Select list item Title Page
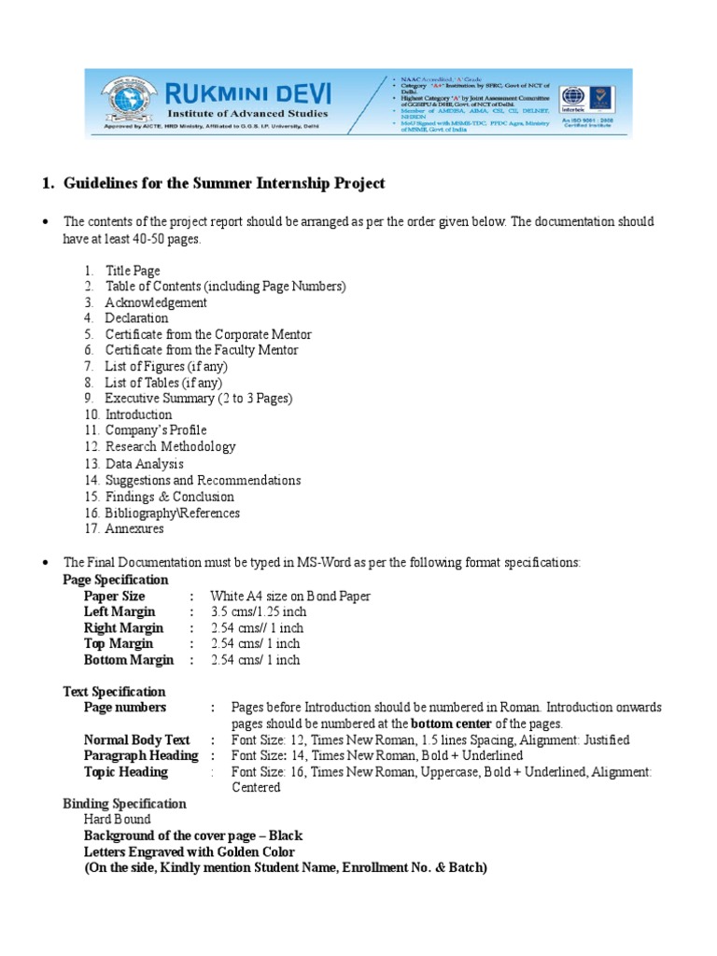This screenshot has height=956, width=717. [133, 271]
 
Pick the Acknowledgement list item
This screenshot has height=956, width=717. [156, 302]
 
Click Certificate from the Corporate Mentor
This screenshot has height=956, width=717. [208, 334]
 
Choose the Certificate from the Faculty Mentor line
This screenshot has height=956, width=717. [202, 350]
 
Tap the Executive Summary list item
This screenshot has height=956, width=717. [198, 399]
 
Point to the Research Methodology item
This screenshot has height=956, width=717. [170, 447]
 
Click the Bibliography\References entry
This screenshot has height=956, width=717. [172, 513]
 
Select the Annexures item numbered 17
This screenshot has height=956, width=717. [134, 528]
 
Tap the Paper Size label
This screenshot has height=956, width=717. [115, 597]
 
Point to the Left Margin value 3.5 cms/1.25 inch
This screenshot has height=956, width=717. [259, 612]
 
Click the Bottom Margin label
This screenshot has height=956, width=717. [129, 660]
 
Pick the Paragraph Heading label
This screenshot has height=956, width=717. [141, 755]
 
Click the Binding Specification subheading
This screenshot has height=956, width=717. [124, 804]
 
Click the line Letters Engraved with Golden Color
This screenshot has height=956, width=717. [190, 851]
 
